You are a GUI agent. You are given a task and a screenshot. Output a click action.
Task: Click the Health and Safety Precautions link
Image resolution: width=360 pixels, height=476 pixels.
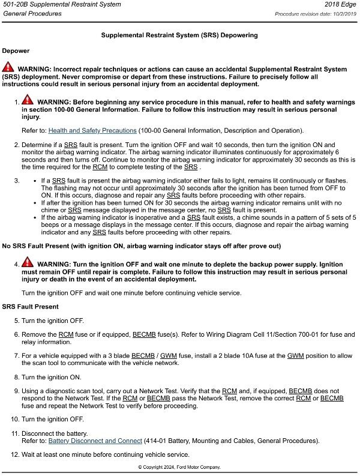point(92,130)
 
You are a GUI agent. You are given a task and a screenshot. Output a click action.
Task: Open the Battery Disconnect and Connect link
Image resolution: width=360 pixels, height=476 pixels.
point(95,441)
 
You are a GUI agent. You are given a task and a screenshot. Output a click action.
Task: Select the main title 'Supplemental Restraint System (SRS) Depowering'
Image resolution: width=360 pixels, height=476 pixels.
point(180,35)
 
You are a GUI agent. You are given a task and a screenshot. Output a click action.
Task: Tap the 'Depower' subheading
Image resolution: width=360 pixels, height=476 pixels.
point(16,51)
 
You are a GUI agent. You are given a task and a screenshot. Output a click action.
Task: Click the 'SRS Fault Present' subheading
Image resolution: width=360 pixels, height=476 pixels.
point(30,307)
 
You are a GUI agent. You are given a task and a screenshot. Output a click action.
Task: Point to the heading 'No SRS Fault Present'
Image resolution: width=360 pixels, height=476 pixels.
point(142,247)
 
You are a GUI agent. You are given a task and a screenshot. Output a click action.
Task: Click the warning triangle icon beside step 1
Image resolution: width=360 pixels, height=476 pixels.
point(28,101)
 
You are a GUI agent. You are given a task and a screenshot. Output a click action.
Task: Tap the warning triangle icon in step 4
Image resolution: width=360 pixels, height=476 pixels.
point(28,263)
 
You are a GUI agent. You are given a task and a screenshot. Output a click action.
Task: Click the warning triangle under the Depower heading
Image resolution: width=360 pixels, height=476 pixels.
point(8,67)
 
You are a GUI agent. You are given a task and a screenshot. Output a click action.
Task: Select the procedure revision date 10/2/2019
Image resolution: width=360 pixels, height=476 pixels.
point(342,14)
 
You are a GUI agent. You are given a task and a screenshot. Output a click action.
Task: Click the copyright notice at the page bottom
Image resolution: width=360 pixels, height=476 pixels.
point(179,467)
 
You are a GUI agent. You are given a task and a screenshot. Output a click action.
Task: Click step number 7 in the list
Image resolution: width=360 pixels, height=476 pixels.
point(16,355)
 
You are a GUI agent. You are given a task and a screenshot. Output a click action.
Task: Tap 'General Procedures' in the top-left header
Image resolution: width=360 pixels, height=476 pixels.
point(32,14)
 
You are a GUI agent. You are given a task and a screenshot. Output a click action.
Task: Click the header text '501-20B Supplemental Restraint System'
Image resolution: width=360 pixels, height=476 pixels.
point(61,5)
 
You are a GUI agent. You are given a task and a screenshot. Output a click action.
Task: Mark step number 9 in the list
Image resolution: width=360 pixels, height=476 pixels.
point(16,391)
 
